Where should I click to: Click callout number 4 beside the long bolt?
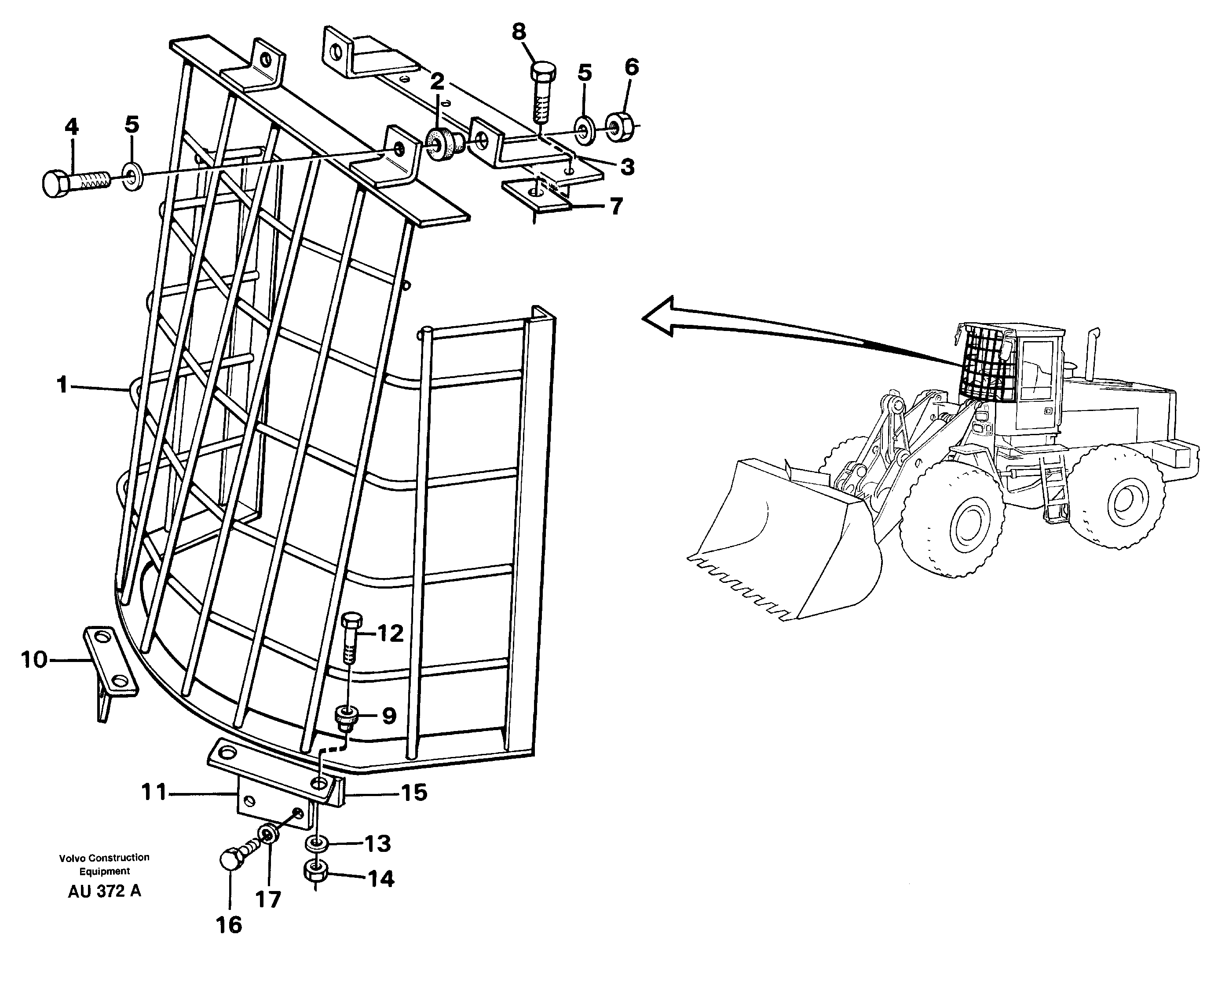72,127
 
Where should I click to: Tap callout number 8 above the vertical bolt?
519,32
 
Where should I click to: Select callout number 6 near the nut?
631,68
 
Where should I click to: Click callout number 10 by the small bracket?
34,659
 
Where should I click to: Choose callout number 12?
390,633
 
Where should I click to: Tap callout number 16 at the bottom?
229,925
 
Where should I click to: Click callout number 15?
414,793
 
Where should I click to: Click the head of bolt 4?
55,184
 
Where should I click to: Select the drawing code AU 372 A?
104,891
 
